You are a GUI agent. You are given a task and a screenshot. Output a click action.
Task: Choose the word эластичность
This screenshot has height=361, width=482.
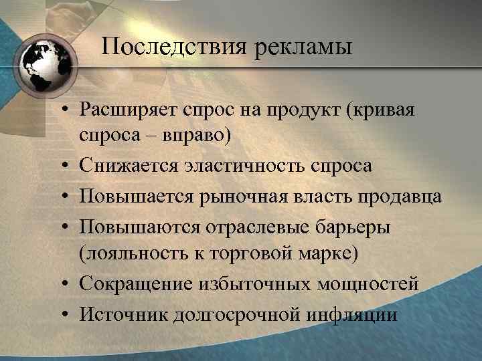coord(243,165)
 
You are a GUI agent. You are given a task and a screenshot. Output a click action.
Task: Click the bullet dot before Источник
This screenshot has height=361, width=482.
coord(68,314)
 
